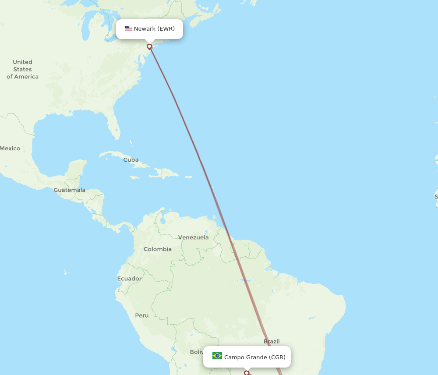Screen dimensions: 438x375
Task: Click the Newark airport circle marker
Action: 149,46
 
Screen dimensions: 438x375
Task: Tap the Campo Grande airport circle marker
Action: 247,373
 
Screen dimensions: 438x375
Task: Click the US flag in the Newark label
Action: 128,28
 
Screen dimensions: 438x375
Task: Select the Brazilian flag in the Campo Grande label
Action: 217,356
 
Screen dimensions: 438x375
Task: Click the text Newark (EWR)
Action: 154,29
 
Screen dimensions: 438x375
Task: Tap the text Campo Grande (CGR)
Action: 254,357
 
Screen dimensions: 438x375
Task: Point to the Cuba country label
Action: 131,160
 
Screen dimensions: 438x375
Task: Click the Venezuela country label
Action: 193,237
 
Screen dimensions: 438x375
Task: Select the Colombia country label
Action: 158,249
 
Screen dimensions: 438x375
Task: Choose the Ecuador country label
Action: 129,279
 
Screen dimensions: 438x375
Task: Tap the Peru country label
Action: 141,315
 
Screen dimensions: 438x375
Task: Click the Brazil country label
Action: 272,342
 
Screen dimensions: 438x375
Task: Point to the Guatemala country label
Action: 70,190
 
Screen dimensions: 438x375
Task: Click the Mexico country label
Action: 10,149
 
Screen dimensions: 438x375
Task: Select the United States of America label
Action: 22,69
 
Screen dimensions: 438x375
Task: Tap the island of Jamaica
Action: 135,177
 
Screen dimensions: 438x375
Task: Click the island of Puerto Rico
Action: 188,177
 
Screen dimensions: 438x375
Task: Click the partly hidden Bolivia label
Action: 197,352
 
